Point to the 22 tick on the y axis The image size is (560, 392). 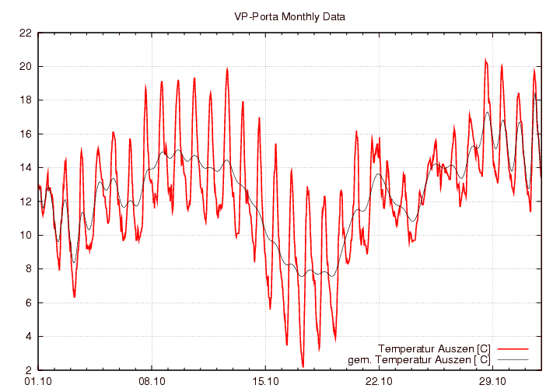(x=25, y=33)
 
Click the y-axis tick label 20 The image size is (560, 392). (x=25, y=66)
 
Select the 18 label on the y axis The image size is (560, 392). (x=25, y=100)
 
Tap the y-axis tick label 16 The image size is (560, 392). (x=25, y=134)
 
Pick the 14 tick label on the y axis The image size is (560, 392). (x=25, y=167)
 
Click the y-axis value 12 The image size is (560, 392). (x=25, y=201)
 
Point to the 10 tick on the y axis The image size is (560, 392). (x=25, y=235)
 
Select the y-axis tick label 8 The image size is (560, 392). (x=27, y=269)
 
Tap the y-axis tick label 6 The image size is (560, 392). (x=27, y=303)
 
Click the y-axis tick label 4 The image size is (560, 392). (x=27, y=336)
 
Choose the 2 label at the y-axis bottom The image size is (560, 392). (x=27, y=370)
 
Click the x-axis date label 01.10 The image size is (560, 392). (x=38, y=381)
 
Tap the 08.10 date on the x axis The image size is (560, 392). (x=152, y=381)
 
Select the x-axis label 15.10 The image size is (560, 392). (x=265, y=381)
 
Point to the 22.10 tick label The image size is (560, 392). (x=379, y=381)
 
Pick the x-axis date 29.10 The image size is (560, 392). (x=492, y=381)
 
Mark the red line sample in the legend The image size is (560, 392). (x=512, y=348)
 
